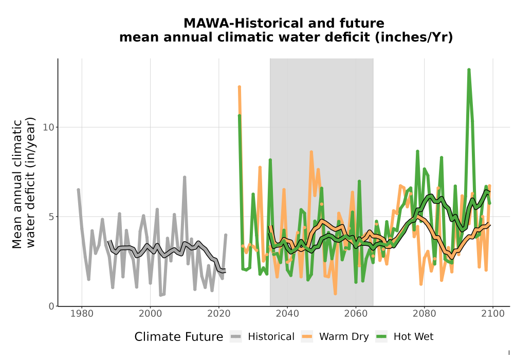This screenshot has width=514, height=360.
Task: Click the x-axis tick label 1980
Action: (x=82, y=314)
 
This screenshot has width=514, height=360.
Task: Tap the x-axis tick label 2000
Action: (x=150, y=314)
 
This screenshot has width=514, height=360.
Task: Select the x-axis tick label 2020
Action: (x=218, y=314)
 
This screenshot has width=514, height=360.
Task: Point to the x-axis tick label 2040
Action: (x=287, y=314)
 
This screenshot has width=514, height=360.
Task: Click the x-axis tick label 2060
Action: (x=356, y=314)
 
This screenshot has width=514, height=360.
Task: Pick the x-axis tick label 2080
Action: (x=424, y=314)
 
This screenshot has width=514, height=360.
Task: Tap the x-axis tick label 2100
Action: (x=493, y=314)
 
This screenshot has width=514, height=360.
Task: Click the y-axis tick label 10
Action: (x=48, y=127)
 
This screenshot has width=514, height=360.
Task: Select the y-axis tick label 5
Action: (x=51, y=217)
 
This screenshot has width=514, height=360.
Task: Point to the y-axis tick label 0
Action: (x=51, y=306)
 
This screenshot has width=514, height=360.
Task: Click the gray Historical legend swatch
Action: (x=236, y=337)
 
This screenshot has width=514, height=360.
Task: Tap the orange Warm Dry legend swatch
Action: (x=307, y=337)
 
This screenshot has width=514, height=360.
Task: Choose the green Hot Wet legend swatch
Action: (x=381, y=337)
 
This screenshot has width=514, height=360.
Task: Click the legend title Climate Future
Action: (x=179, y=337)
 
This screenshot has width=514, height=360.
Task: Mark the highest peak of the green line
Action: (x=469, y=70)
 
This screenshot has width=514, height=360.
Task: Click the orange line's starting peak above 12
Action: (x=240, y=87)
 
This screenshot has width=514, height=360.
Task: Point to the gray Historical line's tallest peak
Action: (x=185, y=177)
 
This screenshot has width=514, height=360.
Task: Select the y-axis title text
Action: (x=23, y=183)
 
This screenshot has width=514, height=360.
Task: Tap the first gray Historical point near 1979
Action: (x=78, y=190)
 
